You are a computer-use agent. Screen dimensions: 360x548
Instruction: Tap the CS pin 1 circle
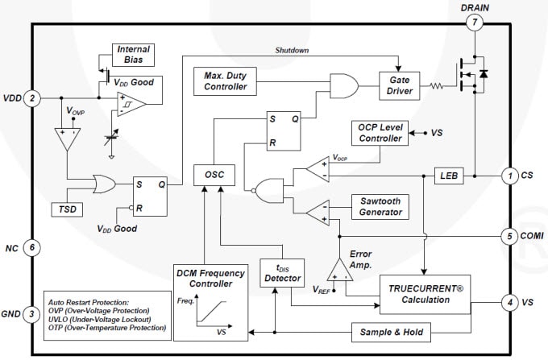[x=509, y=175]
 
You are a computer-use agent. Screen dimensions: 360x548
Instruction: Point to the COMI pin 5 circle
[x=509, y=237]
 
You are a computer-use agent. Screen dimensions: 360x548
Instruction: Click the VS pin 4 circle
[x=509, y=304]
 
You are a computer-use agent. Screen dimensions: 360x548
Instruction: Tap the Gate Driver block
[x=401, y=86]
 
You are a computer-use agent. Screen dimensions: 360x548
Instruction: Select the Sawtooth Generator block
[x=380, y=205]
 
